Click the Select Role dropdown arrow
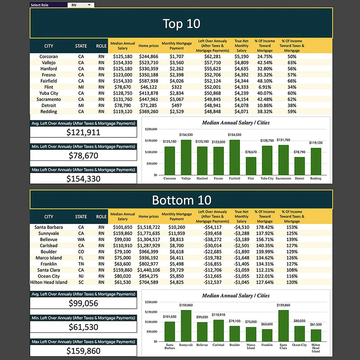point(89,5)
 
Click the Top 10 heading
point(181,24)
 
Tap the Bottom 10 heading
point(181,200)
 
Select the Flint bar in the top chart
point(251,166)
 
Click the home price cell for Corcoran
point(148,56)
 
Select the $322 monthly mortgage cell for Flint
point(176,87)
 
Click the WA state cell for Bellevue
point(81,240)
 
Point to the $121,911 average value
point(83,132)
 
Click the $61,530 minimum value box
point(83,327)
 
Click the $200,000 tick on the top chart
point(151,129)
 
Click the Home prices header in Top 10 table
point(148,46)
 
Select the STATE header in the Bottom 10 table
point(81,217)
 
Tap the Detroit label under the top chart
point(299,179)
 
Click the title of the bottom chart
point(236,295)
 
